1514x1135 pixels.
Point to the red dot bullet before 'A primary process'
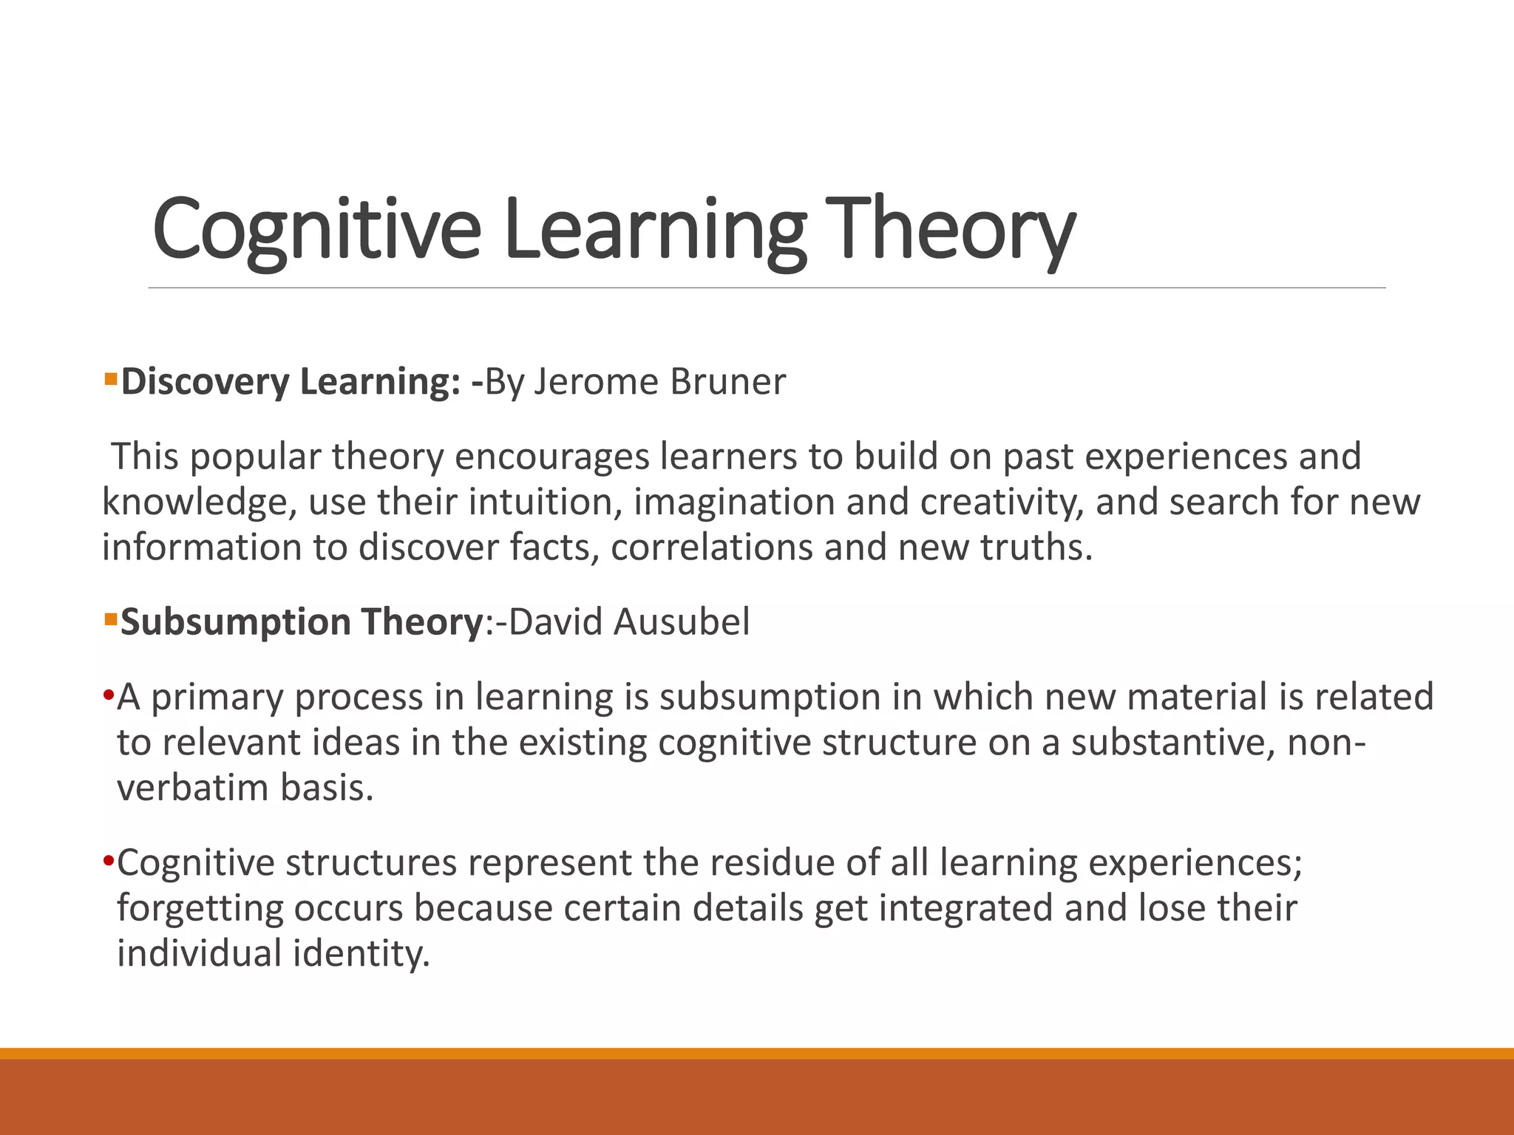[x=108, y=696]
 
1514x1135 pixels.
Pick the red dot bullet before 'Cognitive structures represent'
[x=108, y=862]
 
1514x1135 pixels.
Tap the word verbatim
[x=193, y=788]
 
